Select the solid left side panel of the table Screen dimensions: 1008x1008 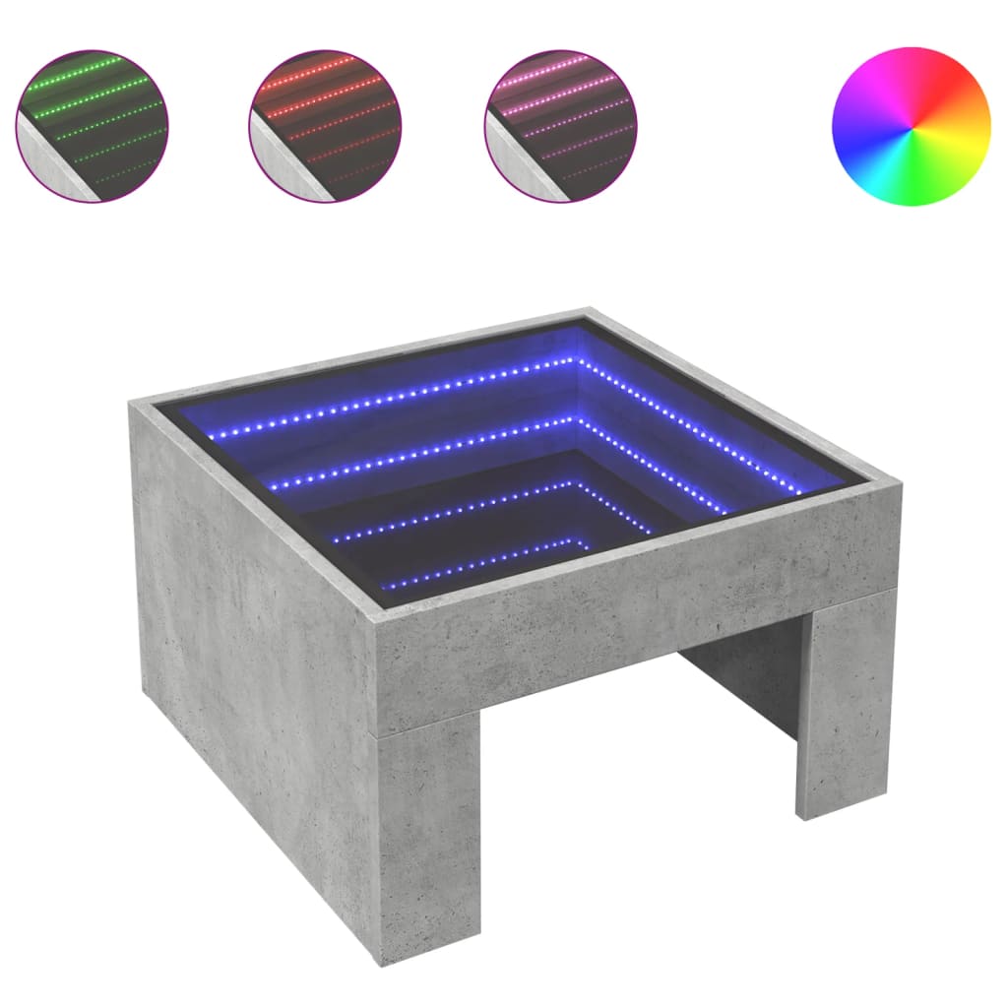tap(246, 669)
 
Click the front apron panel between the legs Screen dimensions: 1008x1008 tap(630, 630)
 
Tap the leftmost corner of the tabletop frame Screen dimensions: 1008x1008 tap(134, 401)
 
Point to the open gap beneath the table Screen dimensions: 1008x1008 tap(630, 787)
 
